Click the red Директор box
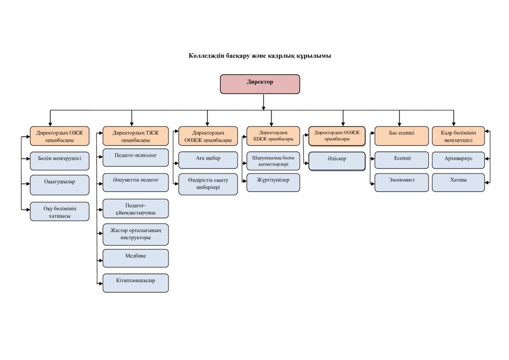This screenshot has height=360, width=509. coord(259,85)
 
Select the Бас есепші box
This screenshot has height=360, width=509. coord(402,136)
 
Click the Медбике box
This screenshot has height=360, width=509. coord(136,259)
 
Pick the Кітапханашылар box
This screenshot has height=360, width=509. coord(136,283)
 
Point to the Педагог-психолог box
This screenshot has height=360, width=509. coord(136,158)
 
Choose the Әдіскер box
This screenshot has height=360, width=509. coord(337,161)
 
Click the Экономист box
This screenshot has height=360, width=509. coord(402,182)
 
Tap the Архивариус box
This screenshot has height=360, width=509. coord(458,161)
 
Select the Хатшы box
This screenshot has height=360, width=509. coord(458,182)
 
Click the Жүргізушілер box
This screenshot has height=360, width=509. coord(273,182)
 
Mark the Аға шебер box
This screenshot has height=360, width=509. coord(208,161)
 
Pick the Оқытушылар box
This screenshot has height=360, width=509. coord(60,185)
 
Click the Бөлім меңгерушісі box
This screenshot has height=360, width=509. coord(60,161)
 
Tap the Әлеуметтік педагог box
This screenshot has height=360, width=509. coord(136,182)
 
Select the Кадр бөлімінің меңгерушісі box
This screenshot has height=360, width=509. coord(458,136)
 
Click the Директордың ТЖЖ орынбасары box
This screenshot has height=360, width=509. coord(136,136)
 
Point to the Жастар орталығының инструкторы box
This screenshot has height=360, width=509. coord(136,234)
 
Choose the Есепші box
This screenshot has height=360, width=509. coord(402,161)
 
